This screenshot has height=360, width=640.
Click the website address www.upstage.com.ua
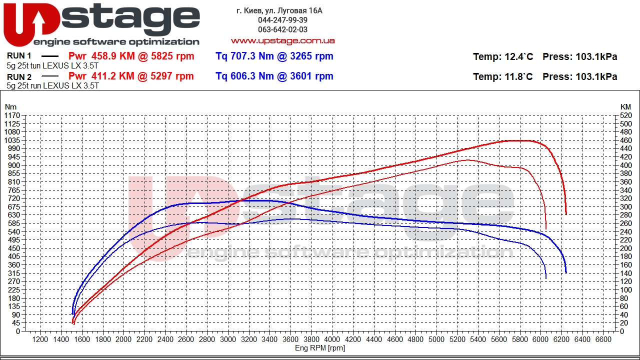[x=282, y=40]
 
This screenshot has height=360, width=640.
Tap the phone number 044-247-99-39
[x=282, y=20]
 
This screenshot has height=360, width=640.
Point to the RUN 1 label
[x=19, y=56]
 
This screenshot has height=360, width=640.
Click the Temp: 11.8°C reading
[x=502, y=76]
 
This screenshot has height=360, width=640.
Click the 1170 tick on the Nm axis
[x=12, y=115]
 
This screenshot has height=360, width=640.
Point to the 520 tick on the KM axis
[x=625, y=115]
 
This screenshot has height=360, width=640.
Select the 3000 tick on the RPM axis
[x=228, y=339]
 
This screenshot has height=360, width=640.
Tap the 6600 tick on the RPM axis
[x=604, y=339]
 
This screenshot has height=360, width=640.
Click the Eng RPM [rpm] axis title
[x=320, y=348]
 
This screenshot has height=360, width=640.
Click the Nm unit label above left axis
[x=10, y=107]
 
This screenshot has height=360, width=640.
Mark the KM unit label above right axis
[x=625, y=107]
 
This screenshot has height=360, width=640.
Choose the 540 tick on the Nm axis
[x=13, y=231]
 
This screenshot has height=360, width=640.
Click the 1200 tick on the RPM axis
[x=40, y=339]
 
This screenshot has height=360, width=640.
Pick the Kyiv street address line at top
[x=279, y=10]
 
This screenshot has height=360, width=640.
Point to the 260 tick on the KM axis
[x=625, y=223]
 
